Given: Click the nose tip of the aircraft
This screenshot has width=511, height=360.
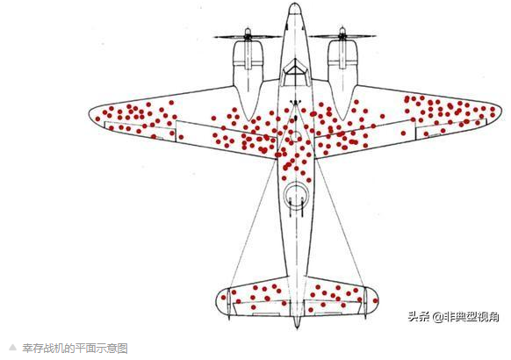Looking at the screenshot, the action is click(x=295, y=4).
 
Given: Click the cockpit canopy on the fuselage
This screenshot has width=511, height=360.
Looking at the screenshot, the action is click(x=295, y=72).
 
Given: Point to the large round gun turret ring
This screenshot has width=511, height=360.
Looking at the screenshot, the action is click(x=296, y=196).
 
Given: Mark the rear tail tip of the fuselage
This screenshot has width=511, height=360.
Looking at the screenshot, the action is click(x=296, y=327).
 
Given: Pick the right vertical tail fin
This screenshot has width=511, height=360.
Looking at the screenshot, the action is click(x=365, y=301).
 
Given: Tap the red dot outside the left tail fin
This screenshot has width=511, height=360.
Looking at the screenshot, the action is click(x=224, y=298).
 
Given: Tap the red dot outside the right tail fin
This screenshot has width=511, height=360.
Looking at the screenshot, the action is click(x=375, y=300).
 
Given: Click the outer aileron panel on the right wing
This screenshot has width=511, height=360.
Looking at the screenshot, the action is click(x=451, y=129).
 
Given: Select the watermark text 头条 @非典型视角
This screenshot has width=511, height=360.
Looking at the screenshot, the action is click(x=453, y=316).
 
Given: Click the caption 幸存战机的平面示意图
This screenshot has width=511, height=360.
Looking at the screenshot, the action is click(x=75, y=349).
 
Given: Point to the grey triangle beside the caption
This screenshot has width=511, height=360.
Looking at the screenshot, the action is click(x=12, y=347).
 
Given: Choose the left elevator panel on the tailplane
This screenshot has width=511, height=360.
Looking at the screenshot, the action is click(x=257, y=308).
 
